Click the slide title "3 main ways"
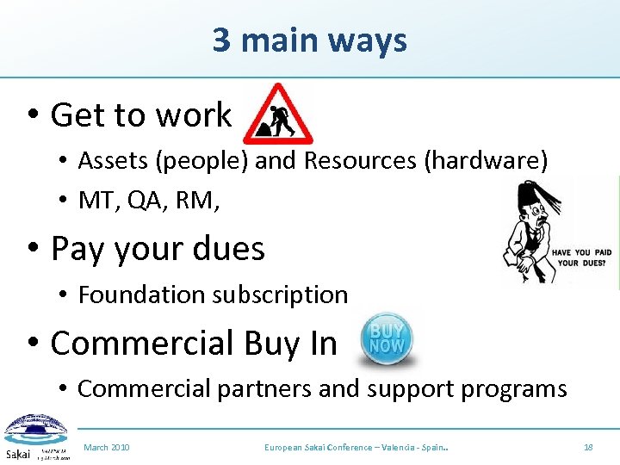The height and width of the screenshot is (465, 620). tap(309, 40)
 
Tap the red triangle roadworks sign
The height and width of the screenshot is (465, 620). tap(277, 115)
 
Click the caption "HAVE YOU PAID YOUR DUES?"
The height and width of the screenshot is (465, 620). tap(586, 257)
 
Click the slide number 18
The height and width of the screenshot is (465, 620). tap(588, 448)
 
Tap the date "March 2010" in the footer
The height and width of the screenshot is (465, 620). tap(107, 448)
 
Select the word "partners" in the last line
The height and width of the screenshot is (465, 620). tap(263, 388)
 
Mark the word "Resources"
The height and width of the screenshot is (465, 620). tap(370, 160)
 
